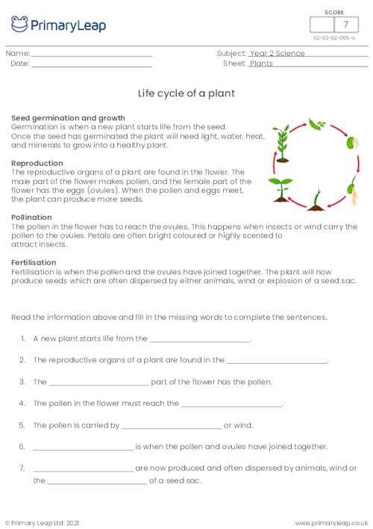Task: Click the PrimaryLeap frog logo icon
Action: click(x=19, y=25)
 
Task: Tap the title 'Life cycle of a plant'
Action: click(x=186, y=94)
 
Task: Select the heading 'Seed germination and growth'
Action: click(x=68, y=118)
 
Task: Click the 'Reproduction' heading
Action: click(x=37, y=162)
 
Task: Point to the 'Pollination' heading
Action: click(x=31, y=217)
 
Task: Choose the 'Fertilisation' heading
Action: click(x=34, y=263)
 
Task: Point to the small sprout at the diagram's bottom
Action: click(x=316, y=199)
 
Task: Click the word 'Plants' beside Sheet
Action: click(x=261, y=64)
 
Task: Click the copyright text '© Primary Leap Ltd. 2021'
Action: click(x=40, y=522)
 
